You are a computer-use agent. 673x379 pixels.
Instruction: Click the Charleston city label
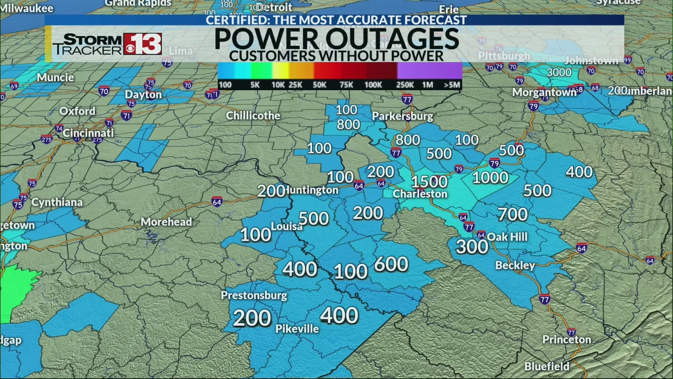click(420, 194)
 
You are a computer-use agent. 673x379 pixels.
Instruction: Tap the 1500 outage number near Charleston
click(429, 182)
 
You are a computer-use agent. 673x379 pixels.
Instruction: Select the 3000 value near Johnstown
click(559, 72)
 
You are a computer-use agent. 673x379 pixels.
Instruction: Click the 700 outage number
click(512, 214)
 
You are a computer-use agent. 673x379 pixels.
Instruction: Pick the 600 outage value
click(391, 264)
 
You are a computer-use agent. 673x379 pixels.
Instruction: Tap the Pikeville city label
click(297, 329)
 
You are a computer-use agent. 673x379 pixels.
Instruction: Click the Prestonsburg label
click(254, 295)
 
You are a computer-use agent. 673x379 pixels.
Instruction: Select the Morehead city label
click(166, 222)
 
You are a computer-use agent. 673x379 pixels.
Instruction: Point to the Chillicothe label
click(253, 115)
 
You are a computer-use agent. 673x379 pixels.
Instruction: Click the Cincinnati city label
click(88, 133)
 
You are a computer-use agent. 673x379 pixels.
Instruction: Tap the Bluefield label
click(547, 366)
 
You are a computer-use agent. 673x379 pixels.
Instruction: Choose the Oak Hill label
click(507, 237)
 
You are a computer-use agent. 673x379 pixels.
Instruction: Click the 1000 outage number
click(490, 178)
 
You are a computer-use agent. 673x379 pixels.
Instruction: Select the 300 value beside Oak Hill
click(472, 246)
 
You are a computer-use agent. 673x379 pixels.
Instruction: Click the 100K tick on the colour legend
click(373, 85)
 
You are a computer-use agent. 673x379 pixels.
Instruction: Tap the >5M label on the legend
click(452, 85)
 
